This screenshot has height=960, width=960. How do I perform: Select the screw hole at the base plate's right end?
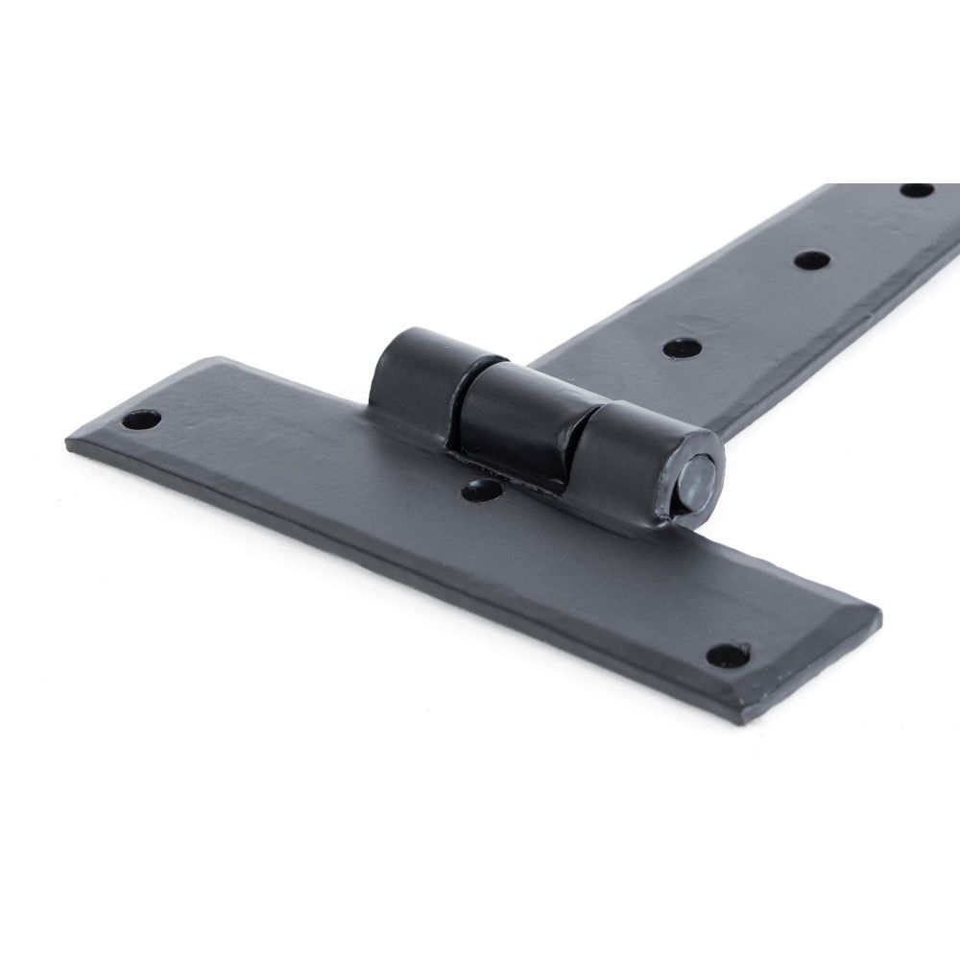(727, 656)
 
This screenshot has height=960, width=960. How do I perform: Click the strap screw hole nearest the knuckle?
(681, 346)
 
